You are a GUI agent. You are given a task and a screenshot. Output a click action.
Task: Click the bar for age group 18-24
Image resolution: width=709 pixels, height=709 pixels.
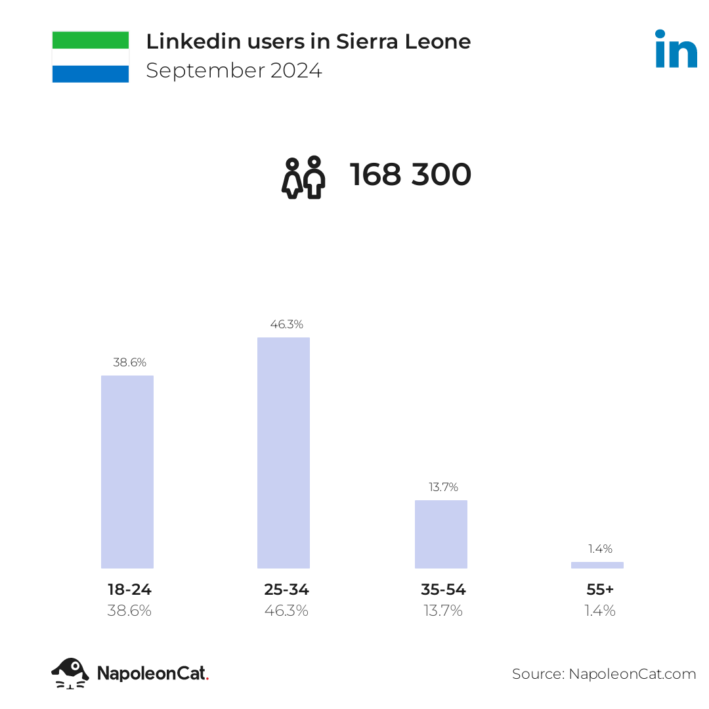pyautogui.click(x=127, y=471)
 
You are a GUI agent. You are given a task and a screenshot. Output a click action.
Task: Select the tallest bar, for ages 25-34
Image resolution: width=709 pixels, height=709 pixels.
pyautogui.click(x=284, y=452)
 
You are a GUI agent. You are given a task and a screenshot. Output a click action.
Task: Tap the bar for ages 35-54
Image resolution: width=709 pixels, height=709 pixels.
pyautogui.click(x=441, y=534)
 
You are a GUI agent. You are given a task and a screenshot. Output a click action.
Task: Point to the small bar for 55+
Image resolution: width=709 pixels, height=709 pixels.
pyautogui.click(x=597, y=565)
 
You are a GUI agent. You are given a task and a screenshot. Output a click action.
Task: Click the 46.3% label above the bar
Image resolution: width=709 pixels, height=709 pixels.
pyautogui.click(x=287, y=324)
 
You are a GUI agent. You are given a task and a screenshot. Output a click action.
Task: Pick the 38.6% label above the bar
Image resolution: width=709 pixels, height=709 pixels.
pyautogui.click(x=130, y=362)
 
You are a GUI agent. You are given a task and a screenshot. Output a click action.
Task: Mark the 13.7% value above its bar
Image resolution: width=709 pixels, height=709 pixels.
pyautogui.click(x=444, y=487)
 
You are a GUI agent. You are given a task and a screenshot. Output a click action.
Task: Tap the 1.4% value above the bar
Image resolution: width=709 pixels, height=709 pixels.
pyautogui.click(x=600, y=548)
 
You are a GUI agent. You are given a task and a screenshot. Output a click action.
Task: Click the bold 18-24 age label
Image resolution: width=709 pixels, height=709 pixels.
pyautogui.click(x=130, y=589)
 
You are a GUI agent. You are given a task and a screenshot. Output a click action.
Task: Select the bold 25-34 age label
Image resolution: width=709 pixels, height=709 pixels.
pyautogui.click(x=287, y=589)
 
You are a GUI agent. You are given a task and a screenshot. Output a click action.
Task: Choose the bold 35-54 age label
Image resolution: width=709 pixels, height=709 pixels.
pyautogui.click(x=443, y=589)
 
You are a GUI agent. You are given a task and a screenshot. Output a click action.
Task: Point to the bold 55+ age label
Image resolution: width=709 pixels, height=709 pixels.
pyautogui.click(x=600, y=589)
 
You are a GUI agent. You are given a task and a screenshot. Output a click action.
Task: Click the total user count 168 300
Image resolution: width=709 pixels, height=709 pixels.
pyautogui.click(x=410, y=175)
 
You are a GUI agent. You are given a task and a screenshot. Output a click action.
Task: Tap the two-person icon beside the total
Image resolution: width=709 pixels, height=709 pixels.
pyautogui.click(x=303, y=177)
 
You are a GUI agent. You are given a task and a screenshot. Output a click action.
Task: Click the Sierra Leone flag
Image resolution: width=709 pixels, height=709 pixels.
pyautogui.click(x=91, y=57)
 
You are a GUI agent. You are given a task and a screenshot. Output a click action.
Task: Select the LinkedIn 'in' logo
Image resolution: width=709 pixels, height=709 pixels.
pyautogui.click(x=676, y=49)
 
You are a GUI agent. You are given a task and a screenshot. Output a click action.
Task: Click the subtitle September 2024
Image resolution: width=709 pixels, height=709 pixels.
pyautogui.click(x=234, y=70)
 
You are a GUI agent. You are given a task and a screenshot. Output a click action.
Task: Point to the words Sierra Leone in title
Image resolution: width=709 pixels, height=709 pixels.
pyautogui.click(x=403, y=41)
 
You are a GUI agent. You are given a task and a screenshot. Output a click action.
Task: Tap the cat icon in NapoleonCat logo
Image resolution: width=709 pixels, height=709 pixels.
pyautogui.click(x=70, y=674)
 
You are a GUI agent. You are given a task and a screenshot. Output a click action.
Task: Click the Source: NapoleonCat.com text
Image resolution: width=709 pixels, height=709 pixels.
pyautogui.click(x=604, y=674)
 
